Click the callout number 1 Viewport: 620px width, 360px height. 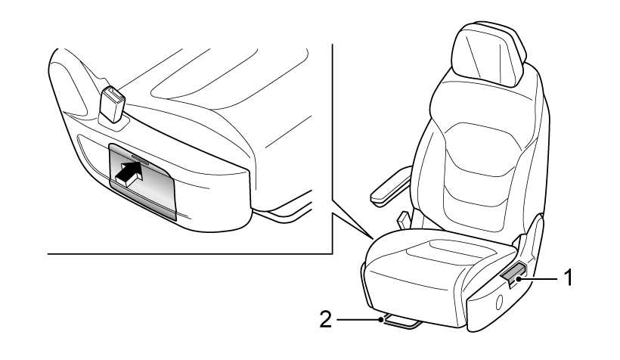(568, 278)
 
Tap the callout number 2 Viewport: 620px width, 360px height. (325, 319)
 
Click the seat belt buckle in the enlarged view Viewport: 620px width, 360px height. (112, 105)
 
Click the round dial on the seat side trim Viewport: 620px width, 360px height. (499, 303)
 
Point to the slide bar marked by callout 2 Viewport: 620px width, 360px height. (400, 321)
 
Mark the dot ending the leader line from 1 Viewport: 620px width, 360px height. (518, 279)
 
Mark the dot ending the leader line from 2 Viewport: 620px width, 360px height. (381, 320)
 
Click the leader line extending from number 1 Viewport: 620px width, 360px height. (538, 279)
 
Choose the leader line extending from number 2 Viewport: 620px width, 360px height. (359, 319)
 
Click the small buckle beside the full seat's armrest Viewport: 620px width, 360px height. (402, 219)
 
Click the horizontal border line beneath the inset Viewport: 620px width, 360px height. (190, 253)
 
